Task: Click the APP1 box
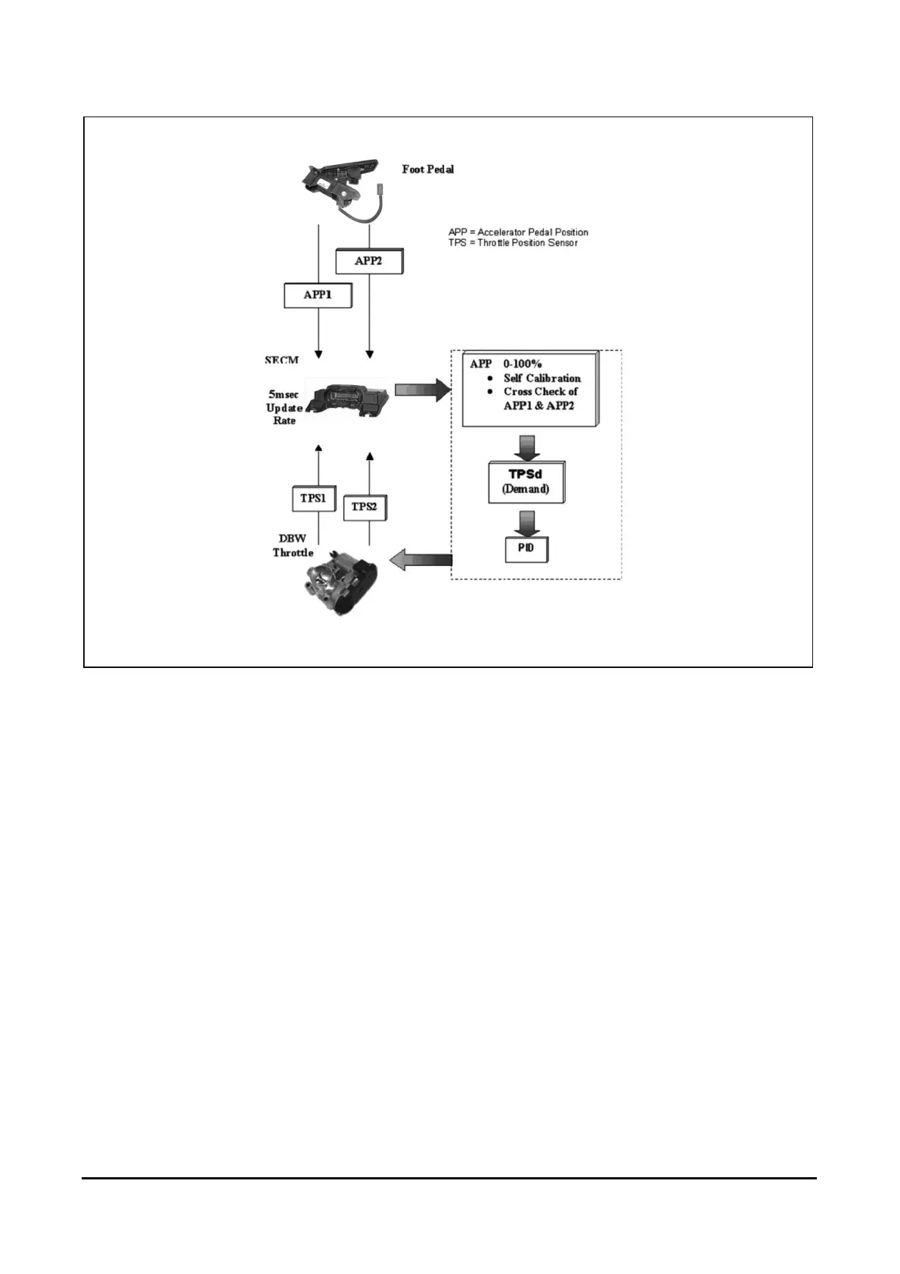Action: [x=318, y=295]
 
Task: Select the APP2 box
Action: [x=368, y=261]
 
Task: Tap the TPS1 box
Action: [x=312, y=499]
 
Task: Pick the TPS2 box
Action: [x=364, y=506]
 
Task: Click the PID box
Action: [x=526, y=548]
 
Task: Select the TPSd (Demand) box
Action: [x=526, y=482]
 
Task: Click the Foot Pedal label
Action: [x=428, y=169]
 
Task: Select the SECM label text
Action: [x=281, y=360]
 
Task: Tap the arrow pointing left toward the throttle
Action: [x=421, y=560]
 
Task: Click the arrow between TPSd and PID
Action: [x=526, y=521]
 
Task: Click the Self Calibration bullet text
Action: [x=542, y=378]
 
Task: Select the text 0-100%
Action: [x=523, y=364]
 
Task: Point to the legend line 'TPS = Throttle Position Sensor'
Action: [x=513, y=243]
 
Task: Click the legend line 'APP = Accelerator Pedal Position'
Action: [x=518, y=232]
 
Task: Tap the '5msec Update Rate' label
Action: [x=284, y=408]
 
